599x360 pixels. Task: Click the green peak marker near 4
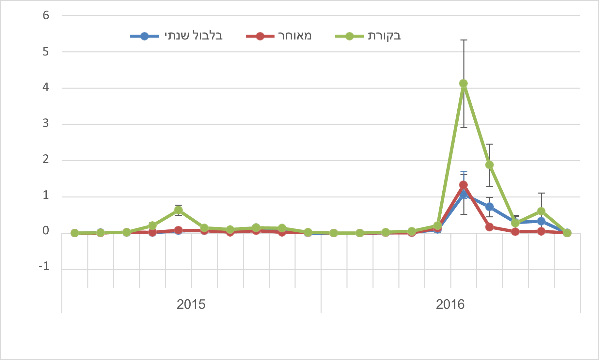point(463,84)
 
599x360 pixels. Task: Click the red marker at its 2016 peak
point(463,185)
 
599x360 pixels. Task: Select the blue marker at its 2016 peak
point(464,195)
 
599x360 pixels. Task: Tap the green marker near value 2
point(489,165)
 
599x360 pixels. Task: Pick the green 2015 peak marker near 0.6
point(178,210)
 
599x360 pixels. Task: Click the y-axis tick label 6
point(46,15)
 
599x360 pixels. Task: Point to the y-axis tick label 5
point(46,52)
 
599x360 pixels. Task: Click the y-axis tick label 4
point(46,88)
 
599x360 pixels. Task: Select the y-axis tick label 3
point(46,124)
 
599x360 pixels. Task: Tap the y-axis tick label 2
point(46,160)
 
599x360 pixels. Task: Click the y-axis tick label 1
point(46,196)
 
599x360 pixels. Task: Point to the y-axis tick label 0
point(46,231)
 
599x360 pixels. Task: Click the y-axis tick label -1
point(44,267)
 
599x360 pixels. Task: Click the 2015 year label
point(191,305)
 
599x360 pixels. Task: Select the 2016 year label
point(450,305)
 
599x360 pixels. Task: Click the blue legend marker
point(144,36)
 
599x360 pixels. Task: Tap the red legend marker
point(260,36)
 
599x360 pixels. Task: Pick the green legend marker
point(349,36)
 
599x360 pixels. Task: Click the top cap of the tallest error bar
point(464,40)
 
